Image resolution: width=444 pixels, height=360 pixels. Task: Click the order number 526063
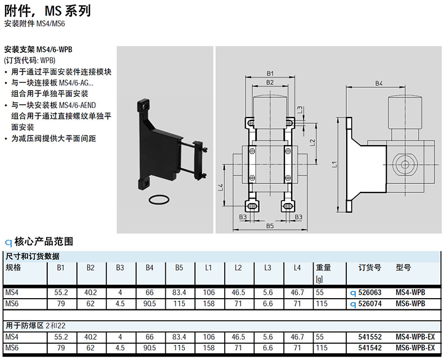[370, 293]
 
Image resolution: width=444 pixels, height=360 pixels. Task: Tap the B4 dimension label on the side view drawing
[379, 84]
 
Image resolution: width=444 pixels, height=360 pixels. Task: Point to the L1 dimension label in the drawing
[333, 164]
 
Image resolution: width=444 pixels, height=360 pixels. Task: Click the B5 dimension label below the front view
[270, 226]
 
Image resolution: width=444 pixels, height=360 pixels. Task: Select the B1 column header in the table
[61, 268]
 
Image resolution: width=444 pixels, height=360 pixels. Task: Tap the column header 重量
[323, 268]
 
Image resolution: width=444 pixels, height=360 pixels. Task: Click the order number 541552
[370, 337]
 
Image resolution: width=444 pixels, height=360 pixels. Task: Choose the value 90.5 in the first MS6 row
[149, 304]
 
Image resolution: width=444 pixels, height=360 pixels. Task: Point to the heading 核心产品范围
[43, 242]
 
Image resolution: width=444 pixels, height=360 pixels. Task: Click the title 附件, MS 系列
[48, 11]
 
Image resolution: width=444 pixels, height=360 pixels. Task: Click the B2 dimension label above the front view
[270, 83]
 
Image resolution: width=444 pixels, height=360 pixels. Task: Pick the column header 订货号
[370, 268]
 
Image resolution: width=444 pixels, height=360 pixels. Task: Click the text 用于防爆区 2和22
[37, 326]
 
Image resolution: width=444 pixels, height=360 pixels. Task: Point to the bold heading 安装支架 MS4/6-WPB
[38, 49]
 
